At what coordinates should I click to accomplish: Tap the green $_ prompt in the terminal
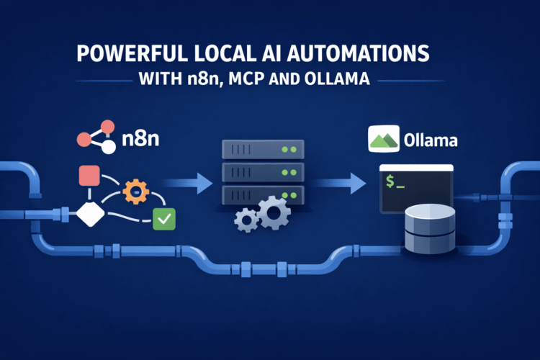(398, 182)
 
